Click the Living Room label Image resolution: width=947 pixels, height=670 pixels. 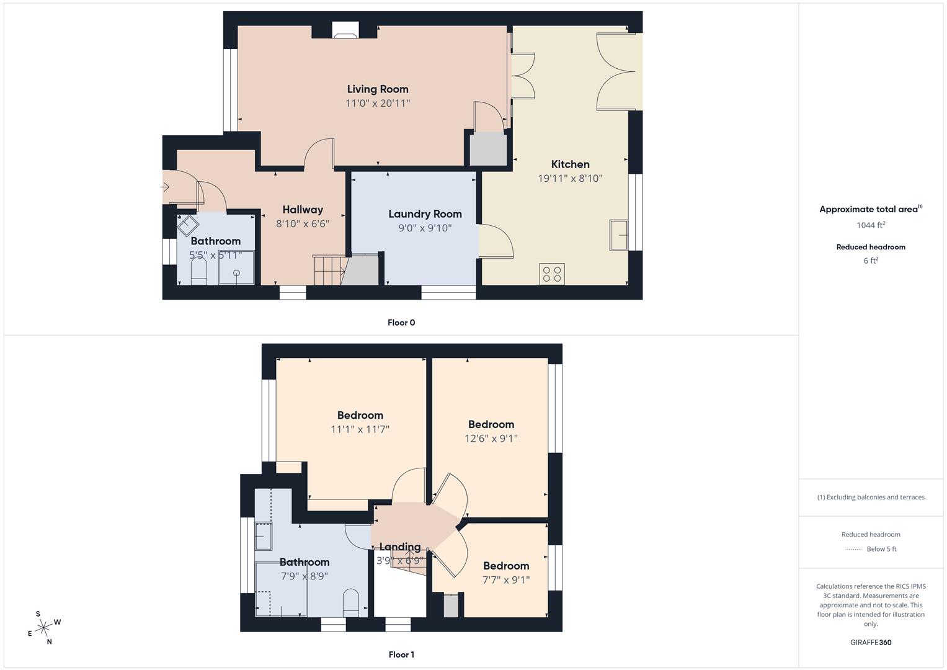point(378,89)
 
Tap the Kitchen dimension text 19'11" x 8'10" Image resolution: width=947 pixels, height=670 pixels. point(570,178)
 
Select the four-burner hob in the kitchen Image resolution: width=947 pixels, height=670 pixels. point(552,274)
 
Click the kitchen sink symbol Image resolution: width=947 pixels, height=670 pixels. point(618,234)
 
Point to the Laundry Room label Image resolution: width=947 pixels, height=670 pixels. point(425,214)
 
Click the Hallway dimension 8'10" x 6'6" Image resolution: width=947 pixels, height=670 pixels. point(303,223)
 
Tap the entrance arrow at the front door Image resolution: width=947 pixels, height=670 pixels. point(165,187)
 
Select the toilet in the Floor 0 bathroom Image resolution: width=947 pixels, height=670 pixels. point(198,270)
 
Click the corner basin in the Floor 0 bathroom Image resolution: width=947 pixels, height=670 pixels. point(188,225)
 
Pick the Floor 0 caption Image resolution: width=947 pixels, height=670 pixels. point(401,323)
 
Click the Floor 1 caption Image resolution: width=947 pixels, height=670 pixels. point(401,654)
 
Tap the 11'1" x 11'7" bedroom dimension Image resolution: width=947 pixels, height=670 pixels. point(360,429)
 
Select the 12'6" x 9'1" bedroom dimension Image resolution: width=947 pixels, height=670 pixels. point(491,438)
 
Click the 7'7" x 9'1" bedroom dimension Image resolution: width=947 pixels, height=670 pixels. point(506,579)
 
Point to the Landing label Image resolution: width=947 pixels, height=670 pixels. point(400,547)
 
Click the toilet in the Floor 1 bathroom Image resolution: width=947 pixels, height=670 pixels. point(350,603)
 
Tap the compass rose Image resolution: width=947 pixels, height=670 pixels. point(44,628)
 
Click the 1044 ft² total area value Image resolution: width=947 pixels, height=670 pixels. point(871,225)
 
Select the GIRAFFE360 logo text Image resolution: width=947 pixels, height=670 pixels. point(871,643)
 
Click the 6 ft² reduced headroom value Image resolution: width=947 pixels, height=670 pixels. point(871,261)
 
